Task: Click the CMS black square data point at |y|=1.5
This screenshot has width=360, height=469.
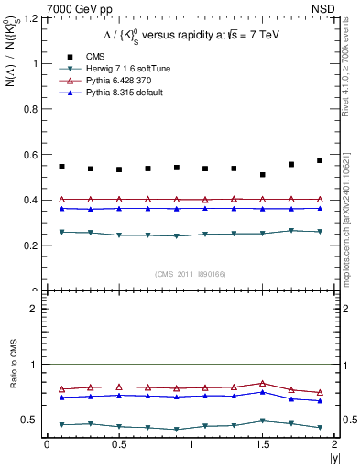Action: coord(263,175)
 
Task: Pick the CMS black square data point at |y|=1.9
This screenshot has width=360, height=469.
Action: coord(320,160)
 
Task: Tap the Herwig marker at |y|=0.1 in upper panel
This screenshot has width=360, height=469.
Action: coord(61,232)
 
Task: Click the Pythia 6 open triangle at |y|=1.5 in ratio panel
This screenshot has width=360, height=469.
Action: coord(263,383)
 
